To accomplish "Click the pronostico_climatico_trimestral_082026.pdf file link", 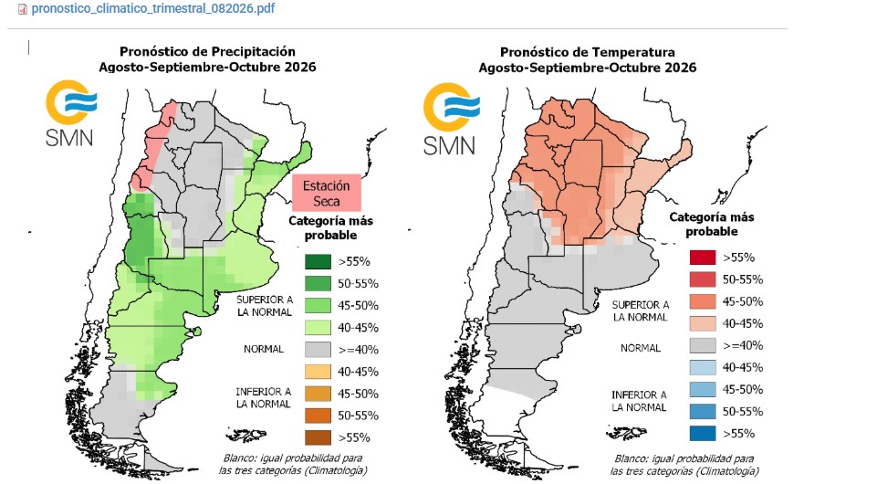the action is (152, 9).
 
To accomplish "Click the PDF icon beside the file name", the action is (23, 9).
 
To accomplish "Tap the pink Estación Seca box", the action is (327, 193).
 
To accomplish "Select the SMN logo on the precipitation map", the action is (71, 113).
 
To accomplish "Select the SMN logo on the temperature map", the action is (451, 120).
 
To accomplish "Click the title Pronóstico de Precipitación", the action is (207, 51).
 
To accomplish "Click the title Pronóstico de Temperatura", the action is (588, 52).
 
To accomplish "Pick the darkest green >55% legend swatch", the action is (318, 261).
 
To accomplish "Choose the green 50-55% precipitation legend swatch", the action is (318, 284).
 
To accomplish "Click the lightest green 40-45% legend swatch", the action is (318, 327).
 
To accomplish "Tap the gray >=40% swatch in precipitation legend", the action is (318, 350).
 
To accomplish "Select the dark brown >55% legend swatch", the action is (318, 437).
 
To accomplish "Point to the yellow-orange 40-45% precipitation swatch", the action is (318, 372).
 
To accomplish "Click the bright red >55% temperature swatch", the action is (703, 258).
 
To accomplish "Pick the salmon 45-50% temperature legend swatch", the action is (703, 301).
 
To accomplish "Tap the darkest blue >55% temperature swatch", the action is (703, 434).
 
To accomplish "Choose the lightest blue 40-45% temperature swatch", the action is (703, 368).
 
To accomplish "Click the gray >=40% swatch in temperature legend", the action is (703, 346).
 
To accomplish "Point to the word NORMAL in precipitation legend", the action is (264, 349).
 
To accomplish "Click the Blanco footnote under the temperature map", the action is (684, 465).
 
